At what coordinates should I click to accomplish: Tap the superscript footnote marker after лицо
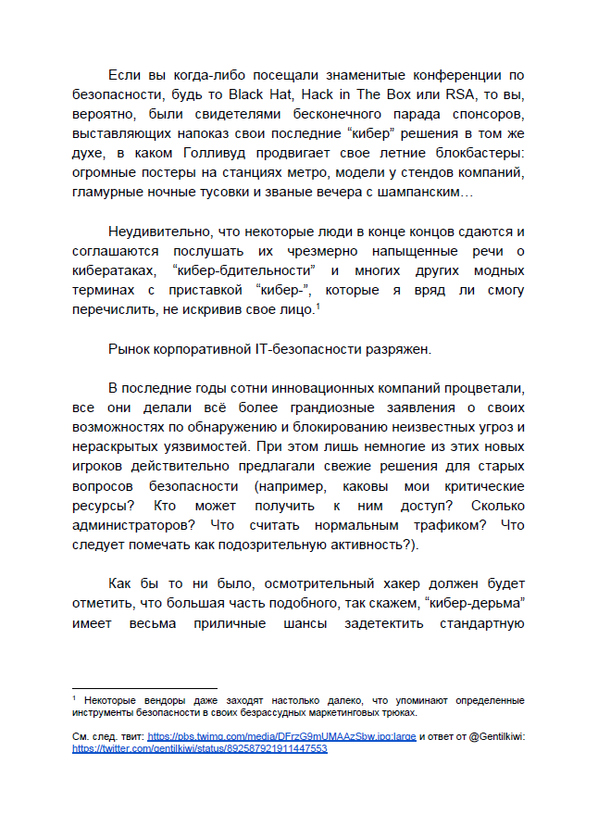[x=318, y=306]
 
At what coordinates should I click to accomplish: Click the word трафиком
[x=435, y=525]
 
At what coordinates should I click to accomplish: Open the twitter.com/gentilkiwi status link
[x=200, y=748]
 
